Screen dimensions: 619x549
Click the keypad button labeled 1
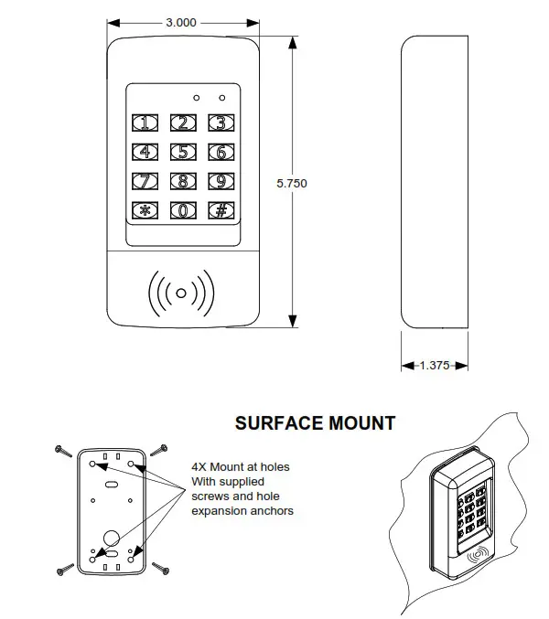pyautogui.click(x=145, y=123)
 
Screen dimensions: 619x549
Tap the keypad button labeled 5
pyautogui.click(x=183, y=153)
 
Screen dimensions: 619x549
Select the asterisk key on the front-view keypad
pyautogui.click(x=145, y=210)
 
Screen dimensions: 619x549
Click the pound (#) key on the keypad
pyautogui.click(x=220, y=210)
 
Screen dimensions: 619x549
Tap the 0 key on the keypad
pyautogui.click(x=183, y=210)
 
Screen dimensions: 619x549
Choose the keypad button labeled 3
pyautogui.click(x=220, y=123)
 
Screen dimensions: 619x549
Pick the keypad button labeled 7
pyautogui.click(x=145, y=181)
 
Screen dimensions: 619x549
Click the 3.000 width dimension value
pyautogui.click(x=179, y=21)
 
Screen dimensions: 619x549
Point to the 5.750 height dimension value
pyautogui.click(x=291, y=183)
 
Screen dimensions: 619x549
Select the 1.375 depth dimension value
pyautogui.click(x=435, y=365)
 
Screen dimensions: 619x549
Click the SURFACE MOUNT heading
pyautogui.click(x=315, y=423)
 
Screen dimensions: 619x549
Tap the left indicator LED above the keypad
pyautogui.click(x=196, y=96)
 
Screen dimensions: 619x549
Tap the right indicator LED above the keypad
pyautogui.click(x=221, y=96)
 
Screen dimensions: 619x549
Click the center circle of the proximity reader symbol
pyautogui.click(x=181, y=293)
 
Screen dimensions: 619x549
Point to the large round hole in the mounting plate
pyautogui.click(x=110, y=537)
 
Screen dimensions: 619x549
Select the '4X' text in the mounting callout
pyautogui.click(x=200, y=467)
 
